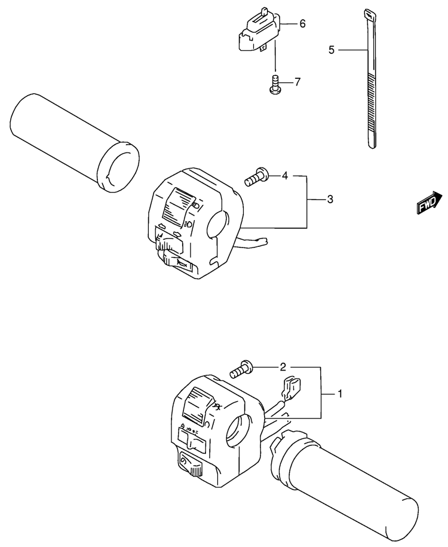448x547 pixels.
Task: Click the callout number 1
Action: tap(340, 393)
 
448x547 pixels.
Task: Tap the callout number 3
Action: tap(330, 199)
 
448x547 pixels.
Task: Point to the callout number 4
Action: tap(285, 176)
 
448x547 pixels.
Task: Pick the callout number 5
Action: tap(332, 50)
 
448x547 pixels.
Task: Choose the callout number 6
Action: tap(302, 24)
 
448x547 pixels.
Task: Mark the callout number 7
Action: tap(298, 81)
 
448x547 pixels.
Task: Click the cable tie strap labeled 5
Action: tap(369, 84)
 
